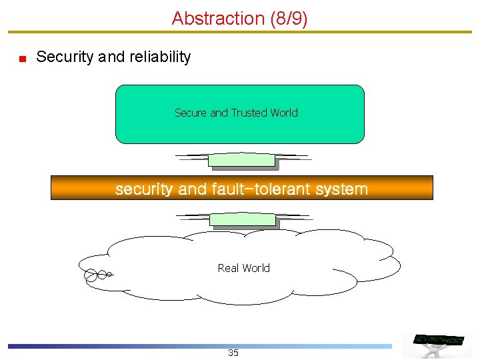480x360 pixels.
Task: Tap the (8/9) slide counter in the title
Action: tap(289, 19)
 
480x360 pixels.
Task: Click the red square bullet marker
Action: tap(22, 59)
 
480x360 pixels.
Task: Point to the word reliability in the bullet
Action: tap(159, 57)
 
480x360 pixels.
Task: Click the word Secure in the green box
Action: tap(191, 113)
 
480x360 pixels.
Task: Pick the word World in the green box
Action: tap(284, 113)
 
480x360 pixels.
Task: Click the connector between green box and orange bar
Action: tap(242, 159)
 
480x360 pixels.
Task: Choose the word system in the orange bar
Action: tap(342, 189)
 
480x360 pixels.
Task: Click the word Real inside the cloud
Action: tap(228, 268)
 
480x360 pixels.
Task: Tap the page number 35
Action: tap(233, 353)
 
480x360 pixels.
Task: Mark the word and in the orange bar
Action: tap(193, 189)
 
